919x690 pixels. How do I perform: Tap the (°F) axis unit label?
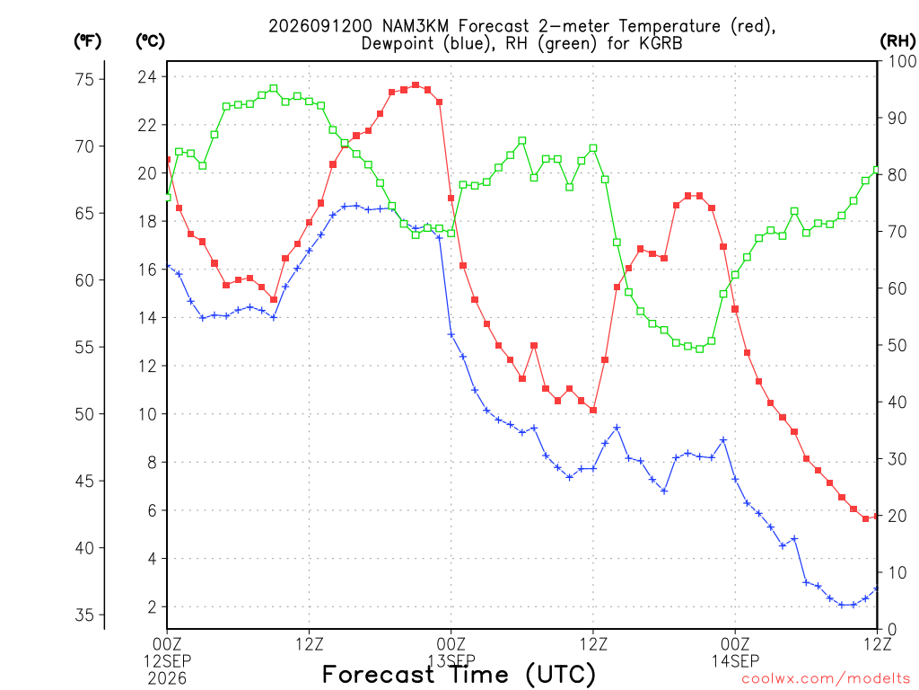coord(87,41)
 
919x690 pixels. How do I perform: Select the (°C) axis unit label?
coord(150,41)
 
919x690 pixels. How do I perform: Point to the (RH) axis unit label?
coord(897,41)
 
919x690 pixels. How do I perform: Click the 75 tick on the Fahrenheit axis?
coord(84,79)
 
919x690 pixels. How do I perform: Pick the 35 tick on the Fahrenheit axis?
coord(84,615)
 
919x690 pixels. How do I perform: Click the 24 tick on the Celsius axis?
coord(147,77)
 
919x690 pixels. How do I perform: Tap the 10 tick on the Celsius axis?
coord(147,414)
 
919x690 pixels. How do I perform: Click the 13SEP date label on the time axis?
coord(451,661)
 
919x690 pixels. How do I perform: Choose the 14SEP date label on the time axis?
coord(736,661)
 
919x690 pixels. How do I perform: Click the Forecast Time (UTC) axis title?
coord(459,675)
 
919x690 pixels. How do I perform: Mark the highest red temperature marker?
coord(416,85)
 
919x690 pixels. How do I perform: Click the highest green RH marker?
coord(274,89)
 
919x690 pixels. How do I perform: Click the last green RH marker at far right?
coord(877,170)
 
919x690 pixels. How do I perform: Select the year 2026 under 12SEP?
coord(167,679)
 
